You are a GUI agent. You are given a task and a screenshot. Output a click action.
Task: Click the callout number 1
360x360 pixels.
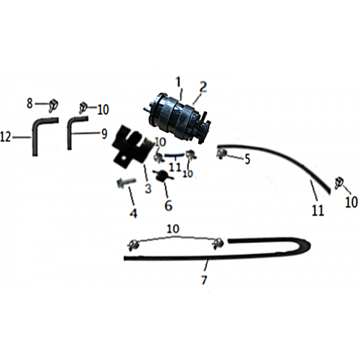pyautogui.click(x=178, y=82)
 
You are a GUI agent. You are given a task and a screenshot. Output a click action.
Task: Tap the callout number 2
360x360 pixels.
pyautogui.click(x=203, y=87)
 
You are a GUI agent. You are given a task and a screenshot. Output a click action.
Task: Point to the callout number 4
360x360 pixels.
pyautogui.click(x=133, y=213)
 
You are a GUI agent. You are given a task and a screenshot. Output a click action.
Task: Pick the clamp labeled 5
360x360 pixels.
pyautogui.click(x=220, y=154)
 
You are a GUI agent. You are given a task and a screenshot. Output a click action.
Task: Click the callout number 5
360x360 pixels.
pyautogui.click(x=247, y=159)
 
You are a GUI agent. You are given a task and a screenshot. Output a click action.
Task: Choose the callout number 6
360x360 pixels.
pyautogui.click(x=168, y=205)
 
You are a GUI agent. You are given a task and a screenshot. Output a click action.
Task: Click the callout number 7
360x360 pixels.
pyautogui.click(x=204, y=280)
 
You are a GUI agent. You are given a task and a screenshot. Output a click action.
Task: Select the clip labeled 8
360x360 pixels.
pyautogui.click(x=54, y=104)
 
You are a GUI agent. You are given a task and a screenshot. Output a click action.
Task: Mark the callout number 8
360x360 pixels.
pyautogui.click(x=30, y=103)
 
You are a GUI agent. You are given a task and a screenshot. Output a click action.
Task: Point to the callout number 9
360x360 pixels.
pyautogui.click(x=104, y=134)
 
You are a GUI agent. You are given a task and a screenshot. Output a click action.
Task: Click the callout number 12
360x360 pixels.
pyautogui.click(x=6, y=137)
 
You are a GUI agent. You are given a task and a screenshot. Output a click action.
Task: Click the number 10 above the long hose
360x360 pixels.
pyautogui.click(x=173, y=228)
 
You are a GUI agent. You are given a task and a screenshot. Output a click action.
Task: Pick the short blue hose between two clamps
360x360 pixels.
pyautogui.click(x=175, y=155)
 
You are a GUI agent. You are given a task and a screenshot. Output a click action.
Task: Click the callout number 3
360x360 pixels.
pyautogui.click(x=148, y=188)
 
